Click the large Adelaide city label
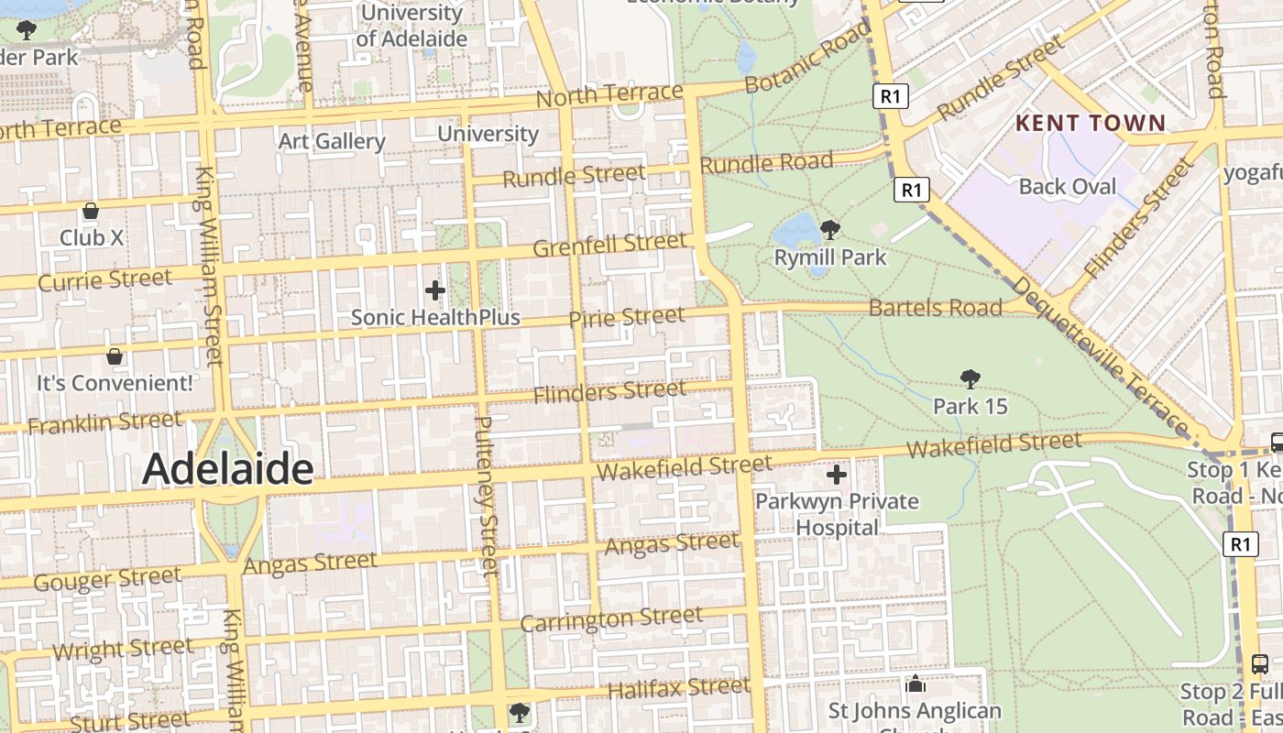coord(227,469)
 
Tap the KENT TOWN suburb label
coord(1091,123)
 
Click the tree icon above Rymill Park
coord(830,230)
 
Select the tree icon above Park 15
coord(970,379)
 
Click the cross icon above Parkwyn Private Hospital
coord(836,475)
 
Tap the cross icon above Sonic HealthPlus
coord(435,291)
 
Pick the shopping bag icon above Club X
coord(91,212)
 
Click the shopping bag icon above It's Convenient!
coord(115,356)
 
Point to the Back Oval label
coord(1068,187)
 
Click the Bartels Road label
coord(935,308)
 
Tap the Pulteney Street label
coord(487,495)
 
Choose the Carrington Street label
coord(611,619)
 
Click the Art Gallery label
coord(331,141)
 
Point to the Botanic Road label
coord(806,57)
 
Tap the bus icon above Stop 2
coord(1260,663)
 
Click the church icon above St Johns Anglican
coord(915,684)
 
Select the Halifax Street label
coord(679,687)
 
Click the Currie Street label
coord(104,279)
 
